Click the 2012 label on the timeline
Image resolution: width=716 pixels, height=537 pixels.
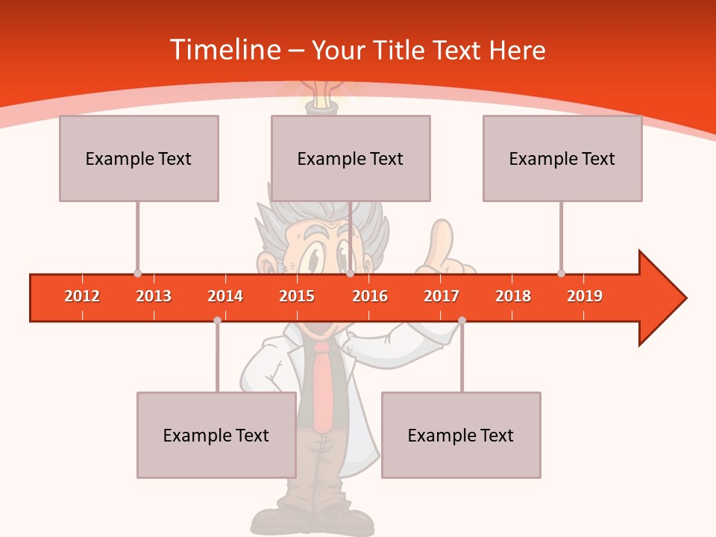[82, 296]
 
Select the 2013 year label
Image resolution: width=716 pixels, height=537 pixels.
[154, 296]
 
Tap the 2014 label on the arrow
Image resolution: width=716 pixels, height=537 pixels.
[225, 296]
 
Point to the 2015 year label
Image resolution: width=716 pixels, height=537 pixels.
[297, 296]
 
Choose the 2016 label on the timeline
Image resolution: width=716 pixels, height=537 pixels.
[370, 296]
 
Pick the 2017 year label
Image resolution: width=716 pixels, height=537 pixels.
[442, 296]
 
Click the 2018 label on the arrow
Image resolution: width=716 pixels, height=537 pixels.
[513, 296]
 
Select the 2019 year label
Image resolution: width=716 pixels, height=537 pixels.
[585, 296]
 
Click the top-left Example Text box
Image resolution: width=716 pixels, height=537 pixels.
[139, 158]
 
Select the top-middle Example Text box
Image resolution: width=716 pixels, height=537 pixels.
[351, 158]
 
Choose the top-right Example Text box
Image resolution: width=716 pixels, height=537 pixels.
[562, 158]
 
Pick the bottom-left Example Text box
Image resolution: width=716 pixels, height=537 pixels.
[216, 435]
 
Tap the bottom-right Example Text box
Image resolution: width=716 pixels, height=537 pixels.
[461, 435]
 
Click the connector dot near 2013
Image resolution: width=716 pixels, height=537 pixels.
[137, 273]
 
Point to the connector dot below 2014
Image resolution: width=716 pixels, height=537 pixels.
[217, 320]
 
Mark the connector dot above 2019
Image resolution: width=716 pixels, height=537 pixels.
[561, 273]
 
